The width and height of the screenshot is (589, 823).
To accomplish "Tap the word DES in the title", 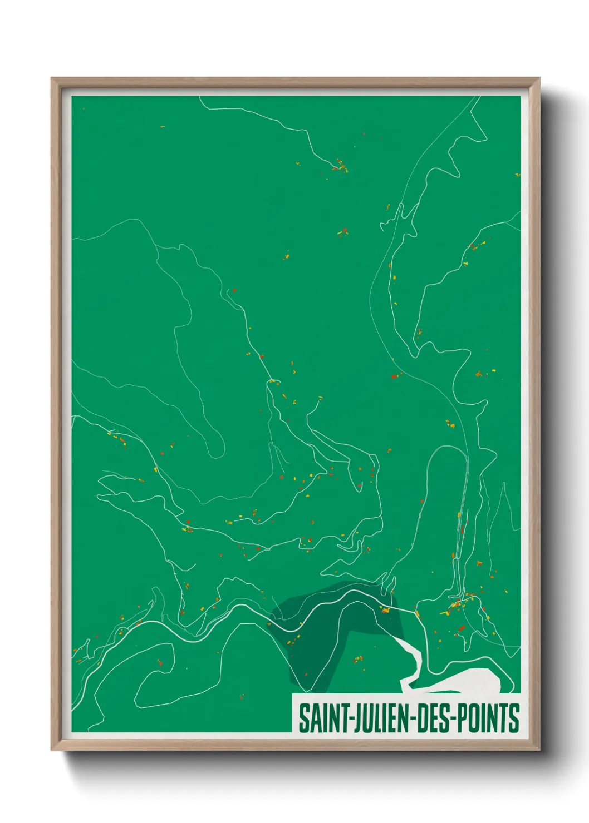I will pyautogui.click(x=433, y=718).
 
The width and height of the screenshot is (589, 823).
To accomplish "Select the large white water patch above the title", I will pyautogui.click(x=473, y=681).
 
